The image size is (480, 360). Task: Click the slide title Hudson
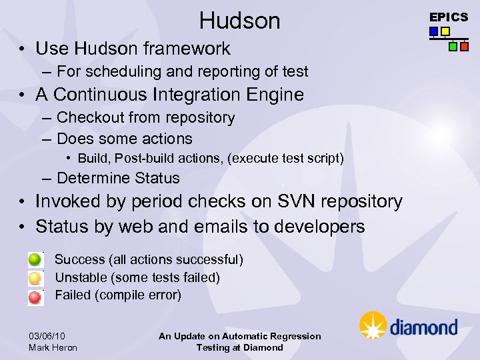click(239, 21)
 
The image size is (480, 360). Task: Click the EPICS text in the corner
click(448, 17)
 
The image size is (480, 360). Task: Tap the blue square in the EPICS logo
click(434, 31)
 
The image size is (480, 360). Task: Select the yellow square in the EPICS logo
click(445, 31)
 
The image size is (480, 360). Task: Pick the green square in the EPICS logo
click(453, 47)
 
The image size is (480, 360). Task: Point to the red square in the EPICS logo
click(464, 47)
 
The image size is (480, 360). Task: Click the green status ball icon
click(35, 260)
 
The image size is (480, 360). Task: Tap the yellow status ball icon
click(35, 277)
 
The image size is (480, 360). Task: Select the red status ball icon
click(35, 295)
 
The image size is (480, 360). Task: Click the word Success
click(79, 259)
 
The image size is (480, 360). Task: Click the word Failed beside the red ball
click(71, 295)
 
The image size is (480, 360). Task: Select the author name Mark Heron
click(53, 347)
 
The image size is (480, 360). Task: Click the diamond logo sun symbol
click(373, 325)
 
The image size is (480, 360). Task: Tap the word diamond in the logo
click(423, 327)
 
